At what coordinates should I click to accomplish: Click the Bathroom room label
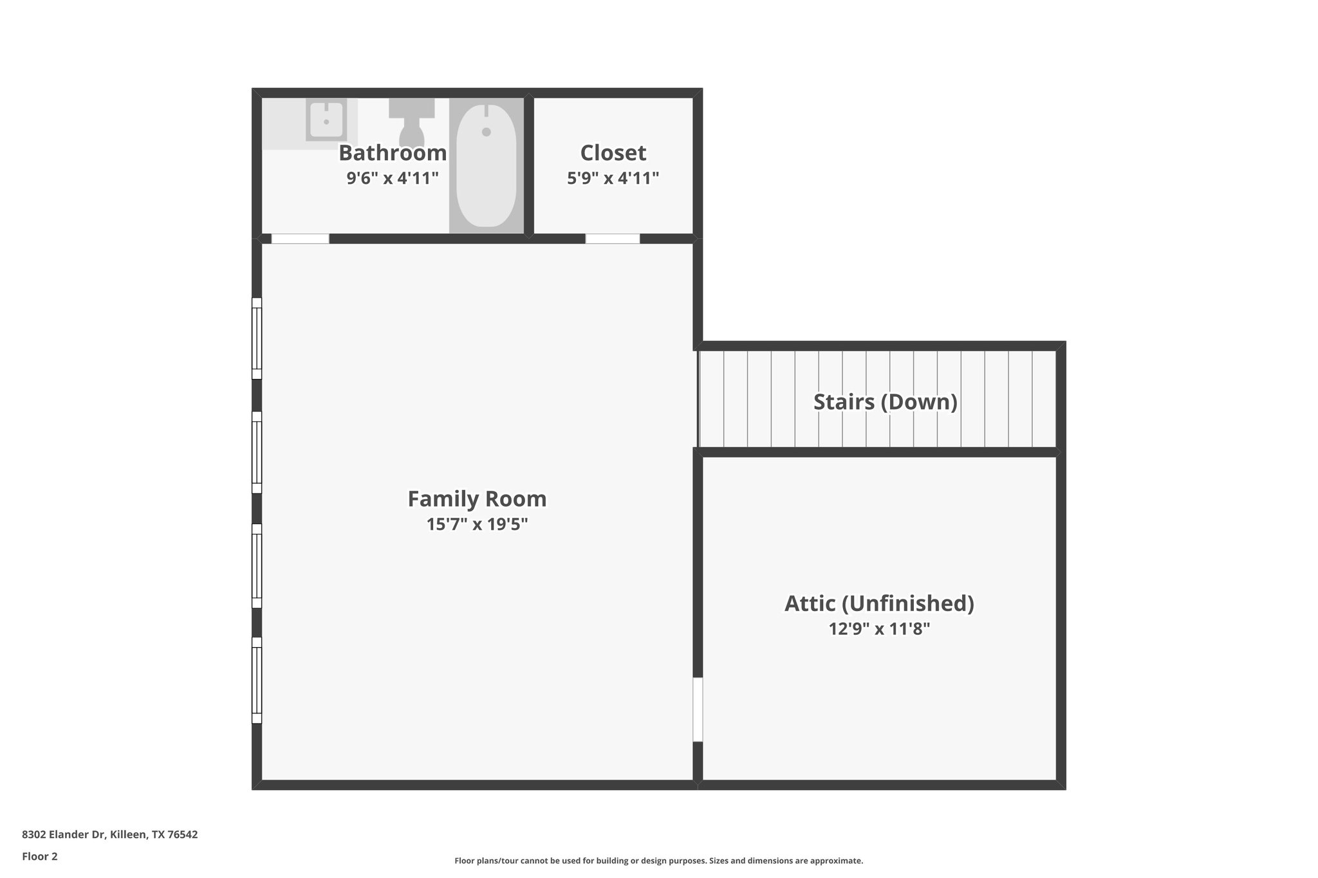click(393, 153)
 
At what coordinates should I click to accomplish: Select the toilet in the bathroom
click(411, 125)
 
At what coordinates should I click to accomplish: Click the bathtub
click(487, 166)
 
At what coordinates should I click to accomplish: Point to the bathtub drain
click(487, 132)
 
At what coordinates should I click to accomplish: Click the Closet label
click(613, 153)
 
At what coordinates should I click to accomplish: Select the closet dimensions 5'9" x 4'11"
click(613, 178)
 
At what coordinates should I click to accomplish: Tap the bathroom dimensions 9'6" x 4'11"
click(393, 178)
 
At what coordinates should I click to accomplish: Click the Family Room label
click(477, 499)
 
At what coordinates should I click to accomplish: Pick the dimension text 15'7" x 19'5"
click(477, 525)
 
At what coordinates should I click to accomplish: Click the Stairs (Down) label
click(885, 402)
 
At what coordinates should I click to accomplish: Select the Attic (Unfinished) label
click(879, 603)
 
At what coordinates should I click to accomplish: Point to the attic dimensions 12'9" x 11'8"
click(879, 629)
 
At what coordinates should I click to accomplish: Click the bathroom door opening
click(300, 239)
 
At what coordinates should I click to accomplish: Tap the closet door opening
click(613, 239)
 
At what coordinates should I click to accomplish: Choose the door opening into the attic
click(698, 709)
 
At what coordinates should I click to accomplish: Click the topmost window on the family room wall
click(257, 338)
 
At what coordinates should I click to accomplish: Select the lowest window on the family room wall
click(257, 681)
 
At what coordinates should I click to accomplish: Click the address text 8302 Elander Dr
click(109, 835)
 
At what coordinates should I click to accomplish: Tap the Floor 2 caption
click(40, 857)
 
